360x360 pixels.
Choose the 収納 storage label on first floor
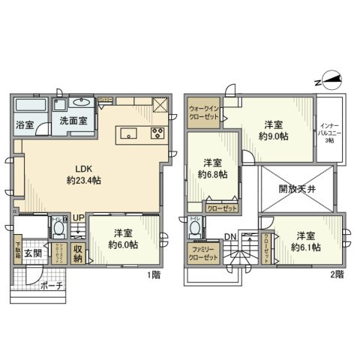pyautogui.click(x=78, y=253)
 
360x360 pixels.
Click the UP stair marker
pyautogui.click(x=77, y=219)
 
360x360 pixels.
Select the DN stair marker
pyautogui.click(x=232, y=237)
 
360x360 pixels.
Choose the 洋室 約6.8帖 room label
pyautogui.click(x=212, y=169)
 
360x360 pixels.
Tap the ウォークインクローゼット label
pyautogui.click(x=204, y=112)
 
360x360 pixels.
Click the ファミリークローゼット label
pyautogui.click(x=203, y=253)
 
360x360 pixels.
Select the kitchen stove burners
pyautogui.click(x=158, y=134)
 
